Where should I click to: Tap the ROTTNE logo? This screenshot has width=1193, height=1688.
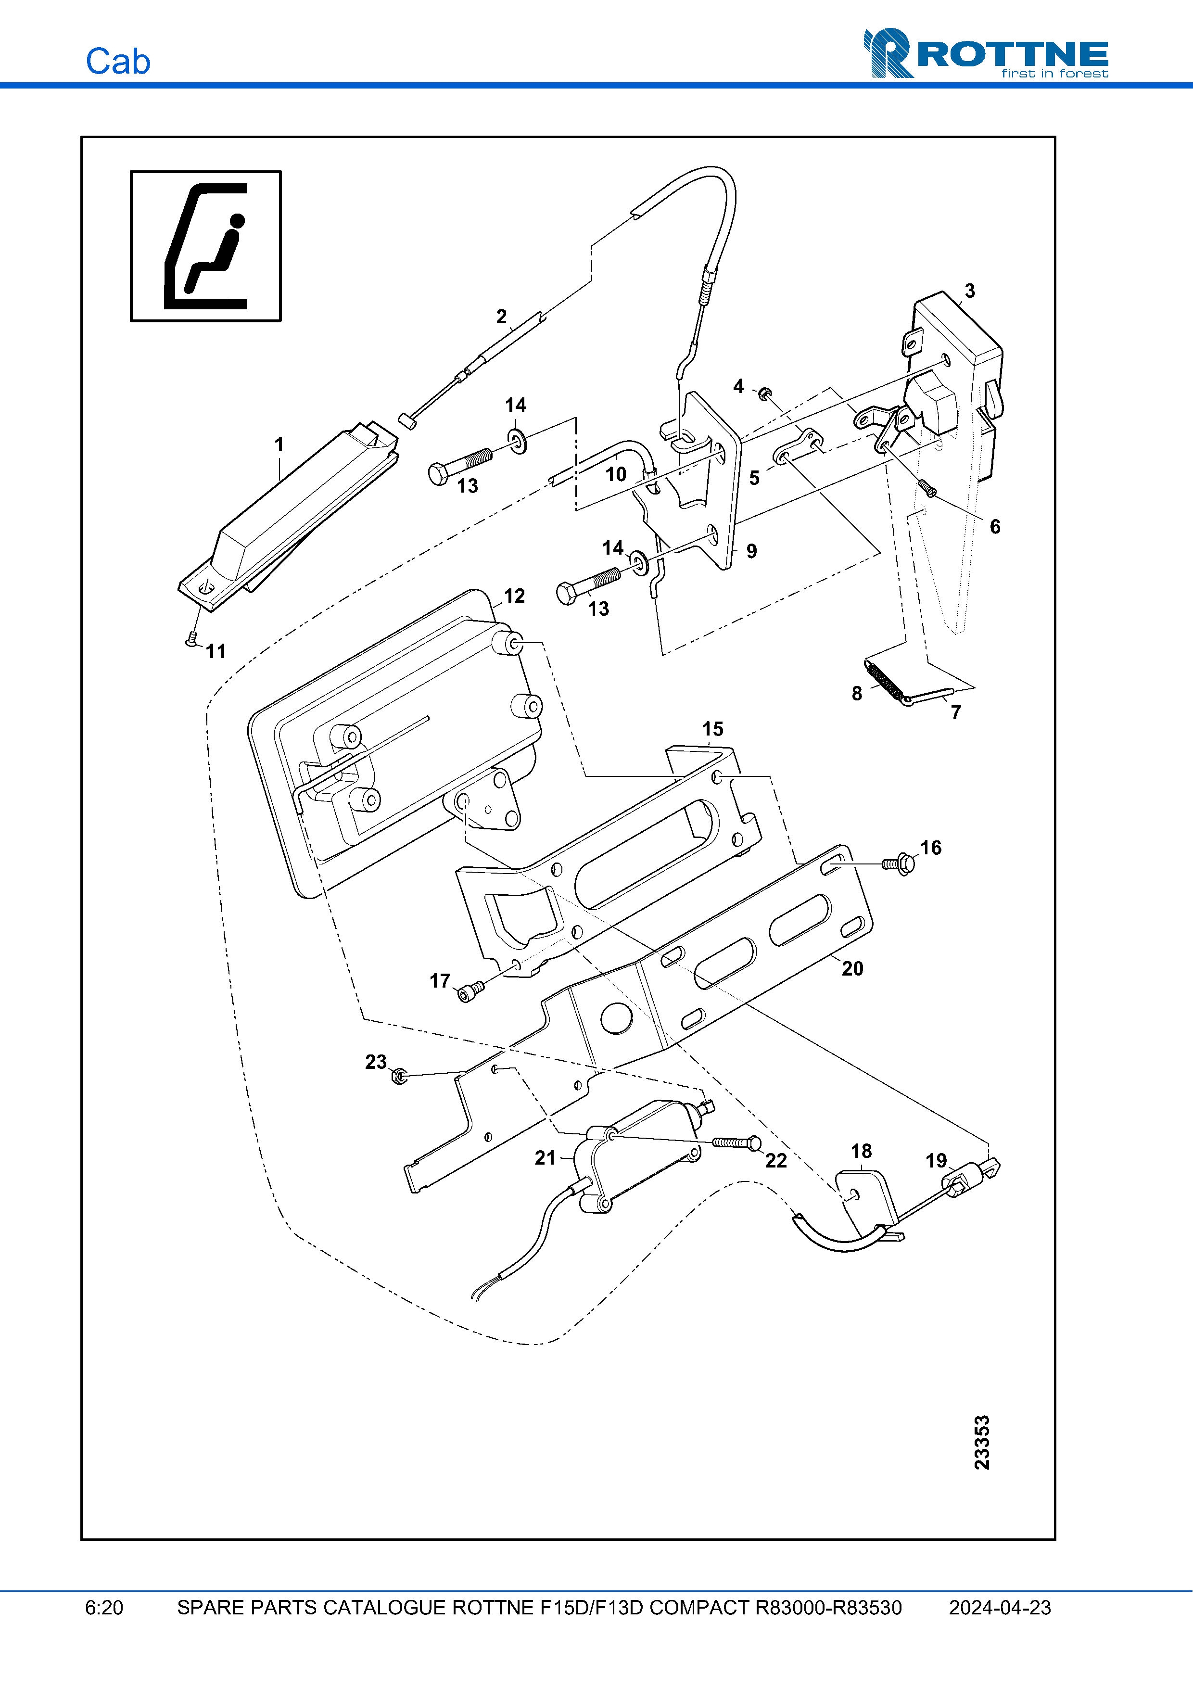click(986, 54)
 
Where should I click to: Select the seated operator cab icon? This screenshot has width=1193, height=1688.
click(206, 246)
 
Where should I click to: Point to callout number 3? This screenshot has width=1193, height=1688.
click(969, 291)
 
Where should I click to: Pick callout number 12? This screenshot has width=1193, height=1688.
click(515, 596)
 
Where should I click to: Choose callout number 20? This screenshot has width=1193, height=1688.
click(852, 968)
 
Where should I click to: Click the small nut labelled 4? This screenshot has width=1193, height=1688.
click(764, 393)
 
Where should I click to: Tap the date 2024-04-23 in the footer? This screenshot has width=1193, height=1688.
click(1000, 1607)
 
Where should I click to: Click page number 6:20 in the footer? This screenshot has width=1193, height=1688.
click(104, 1607)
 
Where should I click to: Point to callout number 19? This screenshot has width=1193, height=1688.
click(936, 1160)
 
